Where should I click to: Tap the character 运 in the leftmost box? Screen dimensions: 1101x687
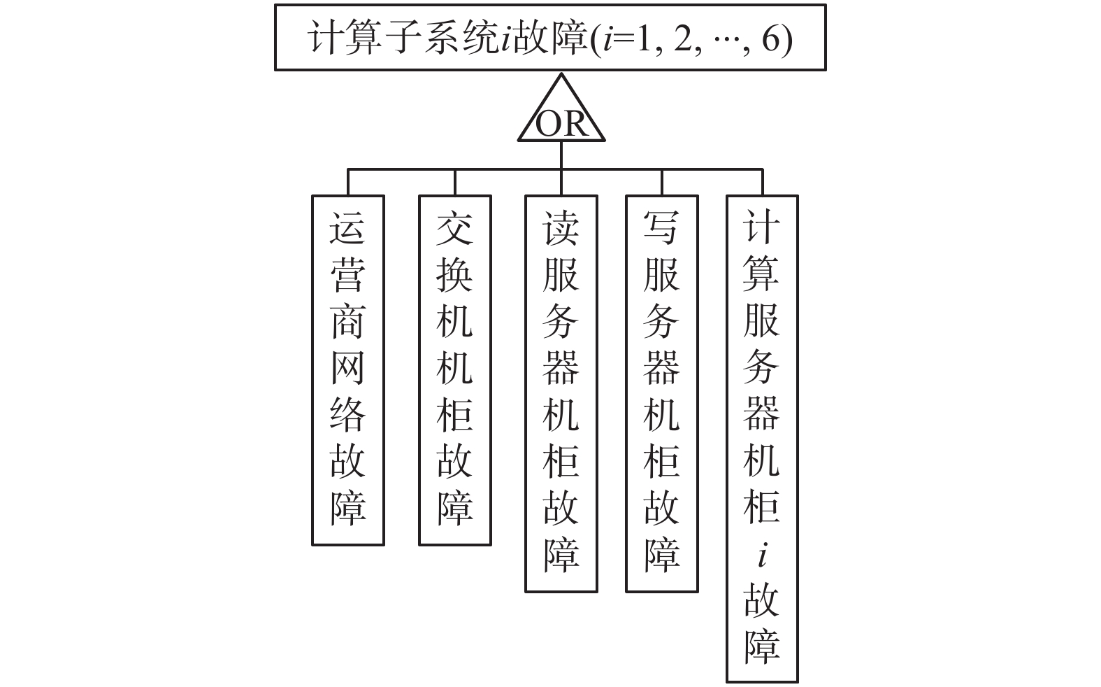tap(347, 228)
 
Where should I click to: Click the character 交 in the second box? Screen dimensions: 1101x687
tap(454, 228)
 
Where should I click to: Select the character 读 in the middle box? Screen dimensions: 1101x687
tap(561, 228)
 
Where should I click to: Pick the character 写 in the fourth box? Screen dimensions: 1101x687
tap(661, 228)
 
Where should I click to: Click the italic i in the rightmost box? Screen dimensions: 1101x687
tap(763, 556)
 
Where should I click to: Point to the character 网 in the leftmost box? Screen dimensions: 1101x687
tap(347, 368)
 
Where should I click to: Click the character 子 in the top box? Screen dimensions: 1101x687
tap(401, 38)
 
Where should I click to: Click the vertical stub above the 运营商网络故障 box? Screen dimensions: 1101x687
tap(348, 182)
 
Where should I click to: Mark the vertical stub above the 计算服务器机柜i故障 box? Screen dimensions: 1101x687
tap(763, 182)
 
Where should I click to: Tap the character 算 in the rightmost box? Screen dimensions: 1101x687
tap(761, 274)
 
